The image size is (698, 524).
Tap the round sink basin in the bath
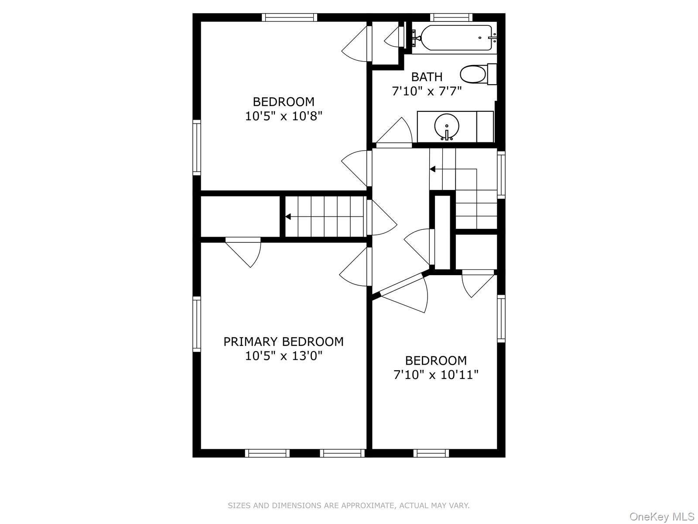(x=447, y=126)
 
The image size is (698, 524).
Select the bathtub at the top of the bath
(x=454, y=38)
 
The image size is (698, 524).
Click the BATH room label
(x=427, y=77)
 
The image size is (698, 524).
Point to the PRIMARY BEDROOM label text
(x=284, y=341)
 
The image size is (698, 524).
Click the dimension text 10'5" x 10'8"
(x=284, y=117)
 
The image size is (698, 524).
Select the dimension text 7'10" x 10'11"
(x=436, y=375)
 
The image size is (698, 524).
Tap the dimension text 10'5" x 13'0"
(x=284, y=356)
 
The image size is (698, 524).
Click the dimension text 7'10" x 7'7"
(x=427, y=91)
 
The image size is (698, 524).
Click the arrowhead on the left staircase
(x=288, y=217)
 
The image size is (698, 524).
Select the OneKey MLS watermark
(x=661, y=517)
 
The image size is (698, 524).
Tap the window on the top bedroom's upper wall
(x=290, y=17)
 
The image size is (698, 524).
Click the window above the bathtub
(x=451, y=17)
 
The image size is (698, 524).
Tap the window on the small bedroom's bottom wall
(x=431, y=453)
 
